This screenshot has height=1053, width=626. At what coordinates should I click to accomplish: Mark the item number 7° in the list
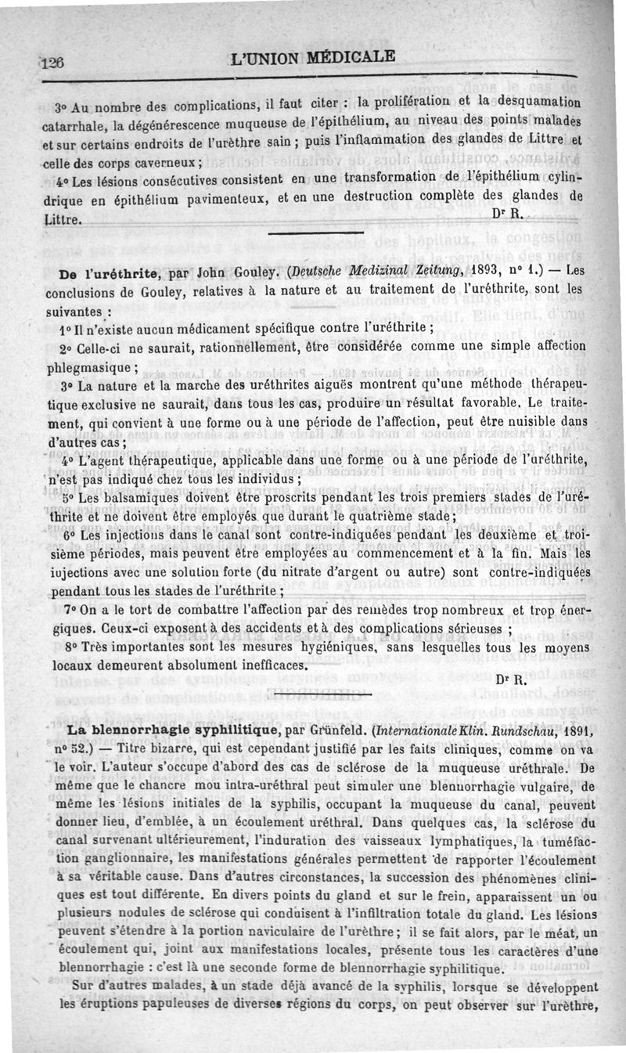[70, 609]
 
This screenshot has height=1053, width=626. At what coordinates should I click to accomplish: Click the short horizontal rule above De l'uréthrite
[315, 233]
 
